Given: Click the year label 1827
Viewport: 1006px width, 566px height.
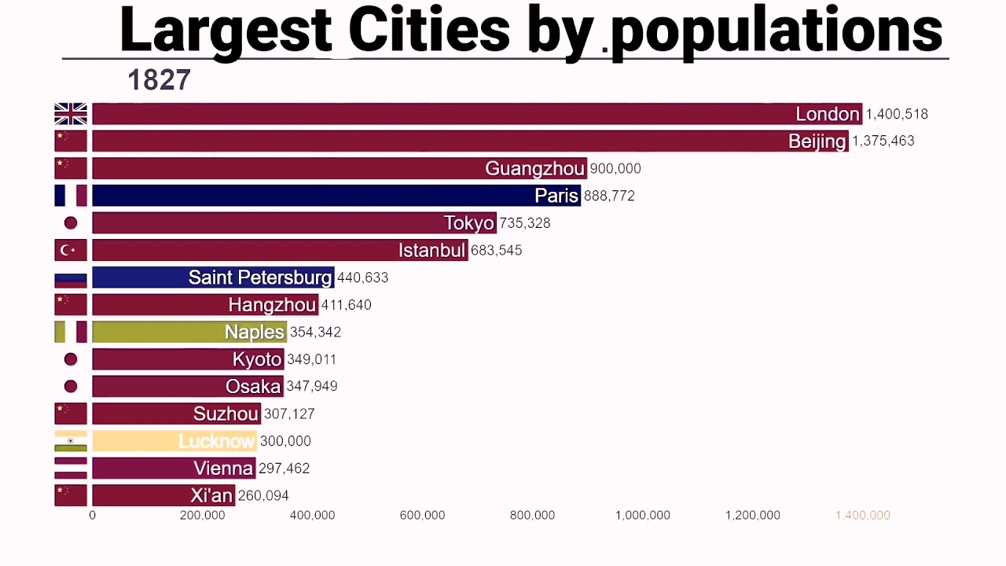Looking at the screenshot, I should tap(159, 80).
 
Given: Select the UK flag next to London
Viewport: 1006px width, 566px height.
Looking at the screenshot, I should tap(71, 114).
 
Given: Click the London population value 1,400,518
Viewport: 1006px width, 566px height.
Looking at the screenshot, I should tap(897, 114).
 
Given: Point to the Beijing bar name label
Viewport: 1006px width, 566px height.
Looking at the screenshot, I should tap(817, 141).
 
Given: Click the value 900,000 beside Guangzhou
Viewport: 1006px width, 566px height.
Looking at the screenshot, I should tap(615, 168).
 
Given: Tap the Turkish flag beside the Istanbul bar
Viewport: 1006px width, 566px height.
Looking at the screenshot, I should tap(71, 250).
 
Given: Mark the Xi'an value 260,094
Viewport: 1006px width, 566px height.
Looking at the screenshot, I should tap(263, 495).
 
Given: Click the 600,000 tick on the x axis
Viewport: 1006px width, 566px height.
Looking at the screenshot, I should tap(422, 515).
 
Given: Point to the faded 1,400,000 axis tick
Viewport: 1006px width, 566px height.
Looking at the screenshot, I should tap(862, 515).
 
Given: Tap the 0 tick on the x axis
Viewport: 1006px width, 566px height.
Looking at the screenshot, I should tap(92, 515).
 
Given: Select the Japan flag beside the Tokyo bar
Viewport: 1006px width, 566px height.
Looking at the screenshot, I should tap(71, 223).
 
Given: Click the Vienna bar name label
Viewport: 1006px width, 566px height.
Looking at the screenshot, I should tap(223, 469).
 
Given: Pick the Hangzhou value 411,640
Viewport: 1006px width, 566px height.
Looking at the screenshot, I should tap(346, 305).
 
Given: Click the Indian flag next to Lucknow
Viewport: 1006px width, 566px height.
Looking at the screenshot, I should tap(71, 441).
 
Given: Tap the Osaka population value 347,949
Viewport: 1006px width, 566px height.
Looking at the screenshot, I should tap(312, 386).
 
